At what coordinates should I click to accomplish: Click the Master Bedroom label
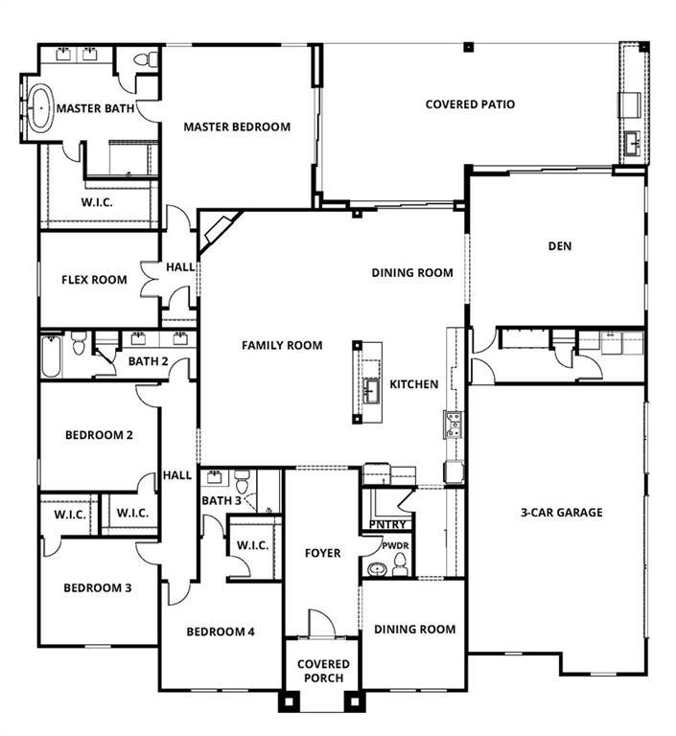pyautogui.click(x=237, y=126)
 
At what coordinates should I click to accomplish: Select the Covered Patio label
pyautogui.click(x=470, y=103)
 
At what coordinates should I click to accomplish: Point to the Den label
pyautogui.click(x=560, y=246)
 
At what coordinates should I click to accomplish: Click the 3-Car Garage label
pyautogui.click(x=562, y=513)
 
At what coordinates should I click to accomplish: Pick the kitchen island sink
pyautogui.click(x=370, y=386)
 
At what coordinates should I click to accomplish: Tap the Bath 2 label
pyautogui.click(x=148, y=361)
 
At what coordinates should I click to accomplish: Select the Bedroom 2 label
pyautogui.click(x=99, y=435)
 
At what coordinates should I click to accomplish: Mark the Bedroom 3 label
pyautogui.click(x=97, y=588)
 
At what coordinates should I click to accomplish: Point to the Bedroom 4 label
pyautogui.click(x=221, y=632)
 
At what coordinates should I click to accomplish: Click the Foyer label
pyautogui.click(x=322, y=553)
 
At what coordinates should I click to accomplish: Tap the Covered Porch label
pyautogui.click(x=323, y=671)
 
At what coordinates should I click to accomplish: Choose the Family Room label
pyautogui.click(x=282, y=345)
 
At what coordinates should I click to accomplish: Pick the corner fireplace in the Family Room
pyautogui.click(x=219, y=231)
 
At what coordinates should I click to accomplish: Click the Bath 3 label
pyautogui.click(x=221, y=500)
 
